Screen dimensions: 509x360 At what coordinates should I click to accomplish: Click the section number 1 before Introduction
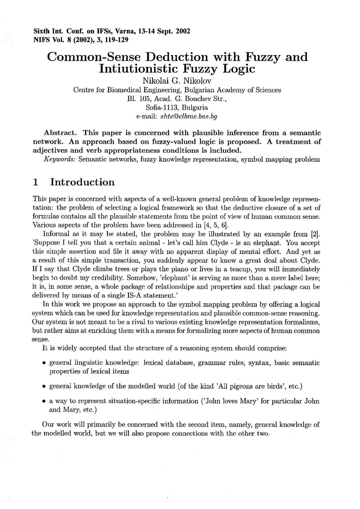click(x=36, y=182)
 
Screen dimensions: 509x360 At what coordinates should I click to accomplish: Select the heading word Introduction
click(x=83, y=182)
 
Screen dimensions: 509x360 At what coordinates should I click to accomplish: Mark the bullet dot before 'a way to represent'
click(x=45, y=401)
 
